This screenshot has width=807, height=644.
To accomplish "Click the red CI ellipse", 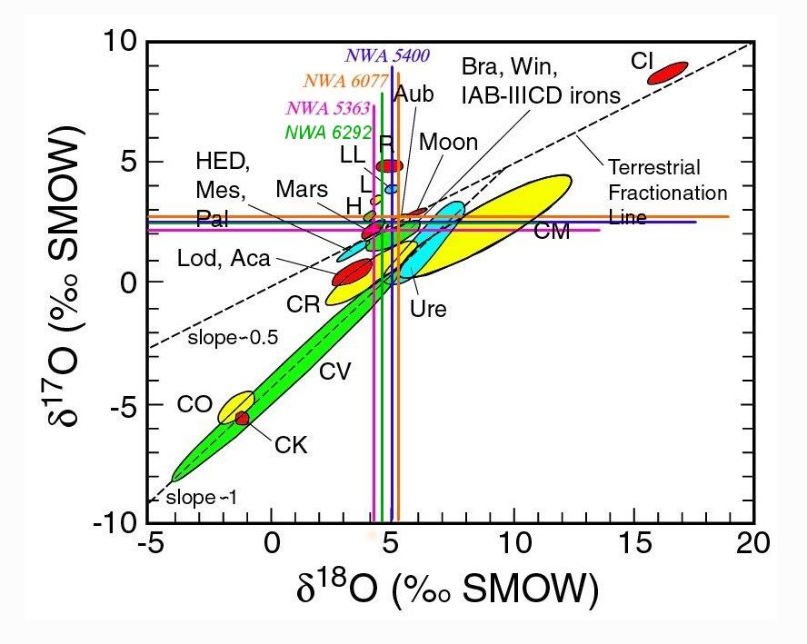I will tap(667, 72).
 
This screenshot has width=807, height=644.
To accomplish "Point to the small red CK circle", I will tap(242, 418).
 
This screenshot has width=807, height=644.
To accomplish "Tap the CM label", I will tap(551, 232).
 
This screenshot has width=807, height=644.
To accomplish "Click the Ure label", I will tap(429, 309).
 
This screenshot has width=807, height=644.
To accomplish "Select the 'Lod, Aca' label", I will tap(224, 259).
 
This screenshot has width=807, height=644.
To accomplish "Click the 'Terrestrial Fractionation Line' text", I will tap(667, 193).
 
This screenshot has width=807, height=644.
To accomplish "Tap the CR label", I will tap(305, 304).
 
